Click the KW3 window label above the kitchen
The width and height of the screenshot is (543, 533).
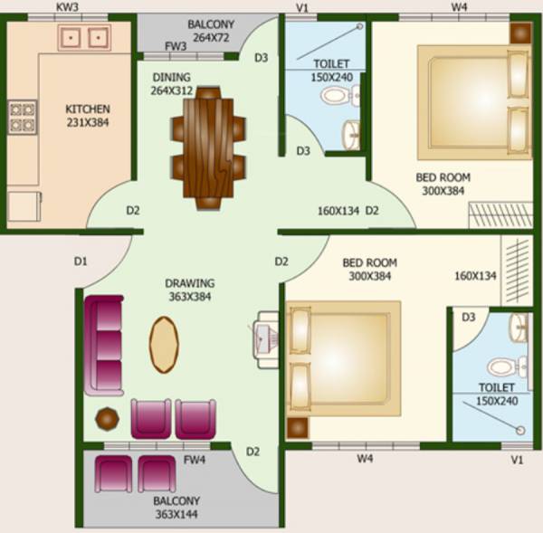[68, 7]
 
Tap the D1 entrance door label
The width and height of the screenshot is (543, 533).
[81, 262]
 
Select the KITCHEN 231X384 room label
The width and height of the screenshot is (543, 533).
[87, 115]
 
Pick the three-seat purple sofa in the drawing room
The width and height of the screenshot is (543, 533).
[104, 345]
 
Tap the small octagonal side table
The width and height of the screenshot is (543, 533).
[107, 418]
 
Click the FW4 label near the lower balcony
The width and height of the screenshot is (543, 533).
[194, 460]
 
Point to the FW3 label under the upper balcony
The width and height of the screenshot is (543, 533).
[176, 46]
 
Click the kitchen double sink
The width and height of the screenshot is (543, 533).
[85, 37]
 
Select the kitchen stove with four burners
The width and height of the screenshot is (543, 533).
[23, 116]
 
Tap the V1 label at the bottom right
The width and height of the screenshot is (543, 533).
[517, 460]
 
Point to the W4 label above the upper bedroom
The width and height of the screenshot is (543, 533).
[435, 8]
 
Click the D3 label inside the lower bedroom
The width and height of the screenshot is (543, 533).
[469, 317]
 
